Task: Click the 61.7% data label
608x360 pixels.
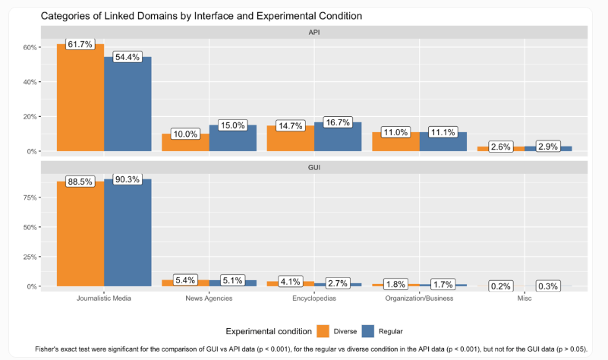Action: click(x=80, y=45)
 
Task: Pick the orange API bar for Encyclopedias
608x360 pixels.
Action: click(x=290, y=138)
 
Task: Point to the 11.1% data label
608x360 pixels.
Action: click(x=443, y=132)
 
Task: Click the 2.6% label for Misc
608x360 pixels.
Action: click(x=500, y=147)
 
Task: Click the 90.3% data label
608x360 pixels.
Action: click(x=128, y=179)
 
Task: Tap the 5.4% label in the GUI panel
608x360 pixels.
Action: click(x=186, y=280)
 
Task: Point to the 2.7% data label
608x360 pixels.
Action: click(x=338, y=283)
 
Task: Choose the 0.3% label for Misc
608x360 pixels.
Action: click(x=547, y=286)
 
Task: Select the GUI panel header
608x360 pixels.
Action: click(x=313, y=167)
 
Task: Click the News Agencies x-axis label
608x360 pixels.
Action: click(x=209, y=298)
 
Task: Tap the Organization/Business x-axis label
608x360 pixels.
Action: click(x=419, y=298)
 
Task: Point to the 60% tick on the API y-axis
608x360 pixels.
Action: click(x=30, y=47)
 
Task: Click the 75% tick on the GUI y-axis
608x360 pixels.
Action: click(x=30, y=197)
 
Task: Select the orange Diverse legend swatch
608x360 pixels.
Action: click(x=323, y=330)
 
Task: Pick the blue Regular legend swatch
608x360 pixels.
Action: click(x=370, y=330)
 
